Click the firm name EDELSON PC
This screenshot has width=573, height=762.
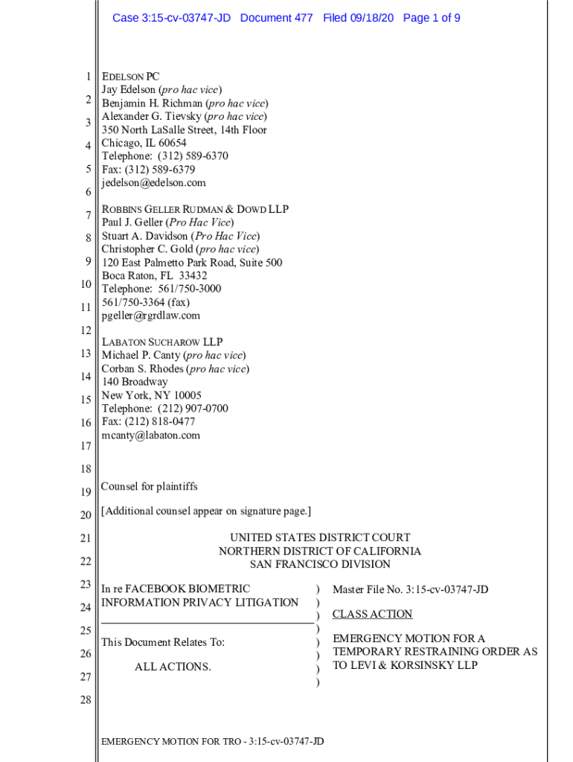(x=130, y=77)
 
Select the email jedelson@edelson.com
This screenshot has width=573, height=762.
(x=153, y=183)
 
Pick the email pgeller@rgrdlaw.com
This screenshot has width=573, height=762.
(x=151, y=316)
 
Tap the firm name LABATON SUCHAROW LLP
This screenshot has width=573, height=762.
(x=161, y=342)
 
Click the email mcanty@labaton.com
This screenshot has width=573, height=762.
(x=151, y=435)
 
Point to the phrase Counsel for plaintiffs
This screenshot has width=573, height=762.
(x=150, y=487)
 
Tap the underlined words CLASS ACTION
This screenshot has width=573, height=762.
(x=372, y=614)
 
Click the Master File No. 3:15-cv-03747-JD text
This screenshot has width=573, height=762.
(x=410, y=589)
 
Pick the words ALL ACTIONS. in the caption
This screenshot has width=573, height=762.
(x=173, y=667)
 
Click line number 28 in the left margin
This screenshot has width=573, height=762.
(x=86, y=701)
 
